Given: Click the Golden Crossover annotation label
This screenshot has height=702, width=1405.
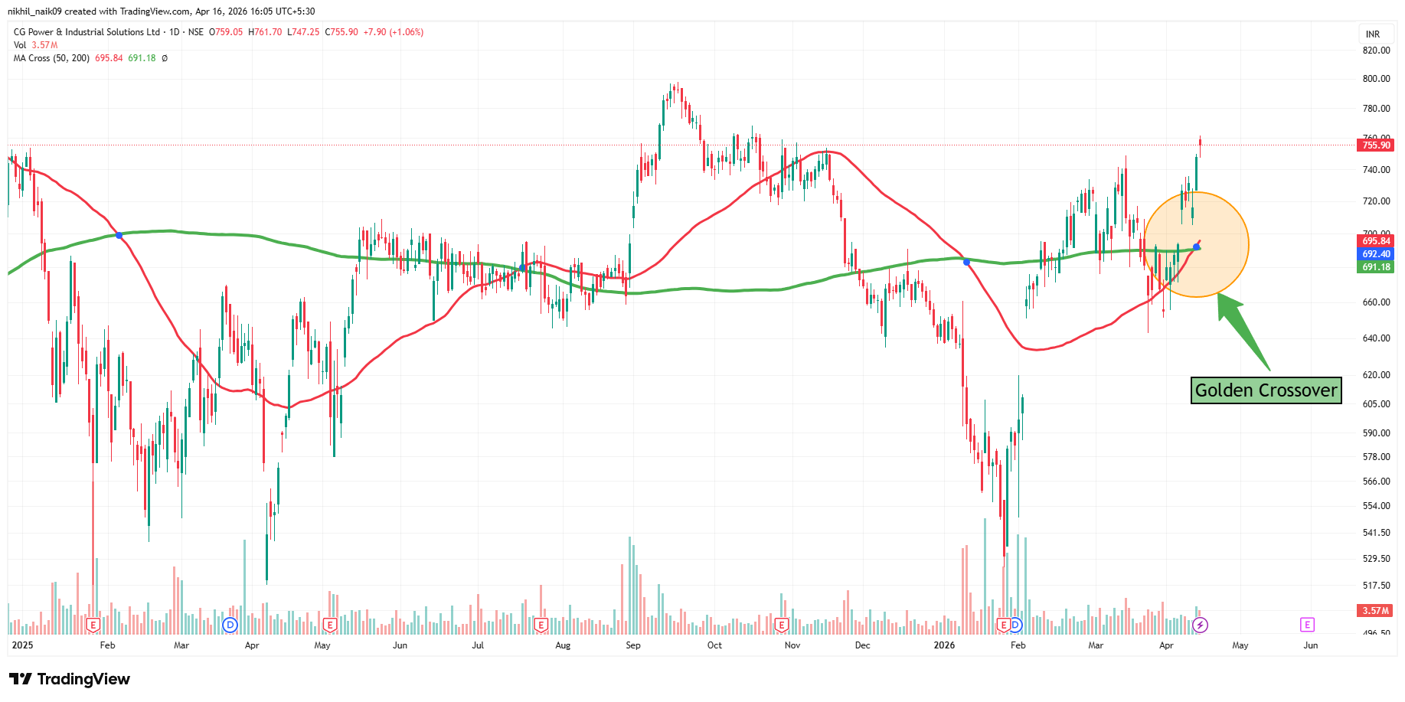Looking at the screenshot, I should (1266, 390).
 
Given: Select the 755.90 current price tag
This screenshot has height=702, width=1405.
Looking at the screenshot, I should (1376, 145).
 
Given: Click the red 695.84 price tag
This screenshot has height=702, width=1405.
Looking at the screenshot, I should (1376, 241).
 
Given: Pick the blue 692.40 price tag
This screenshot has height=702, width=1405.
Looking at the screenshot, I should (1376, 254).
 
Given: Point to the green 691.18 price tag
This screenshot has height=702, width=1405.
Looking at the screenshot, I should (1376, 267).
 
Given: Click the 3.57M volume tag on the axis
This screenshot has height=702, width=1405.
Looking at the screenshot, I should (1376, 610).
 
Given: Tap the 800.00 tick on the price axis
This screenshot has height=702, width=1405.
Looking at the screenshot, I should (1376, 78).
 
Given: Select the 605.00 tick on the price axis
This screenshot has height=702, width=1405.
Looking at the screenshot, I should (1376, 403).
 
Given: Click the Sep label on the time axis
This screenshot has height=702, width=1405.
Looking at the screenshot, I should (633, 645).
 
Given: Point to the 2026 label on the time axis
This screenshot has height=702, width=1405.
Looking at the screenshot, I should (944, 645).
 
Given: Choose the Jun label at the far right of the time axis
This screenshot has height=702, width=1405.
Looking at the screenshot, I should (1310, 645).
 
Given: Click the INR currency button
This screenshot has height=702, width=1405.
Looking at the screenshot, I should (1373, 34).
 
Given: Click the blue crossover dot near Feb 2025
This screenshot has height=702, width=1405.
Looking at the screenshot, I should (119, 235).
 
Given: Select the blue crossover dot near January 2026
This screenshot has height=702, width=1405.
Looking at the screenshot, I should (966, 262).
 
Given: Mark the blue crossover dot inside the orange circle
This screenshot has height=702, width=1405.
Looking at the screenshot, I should (1196, 247).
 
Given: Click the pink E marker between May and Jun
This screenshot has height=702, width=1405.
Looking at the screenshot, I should (1307, 625).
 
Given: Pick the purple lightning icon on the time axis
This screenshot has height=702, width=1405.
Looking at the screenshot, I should (1201, 625).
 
